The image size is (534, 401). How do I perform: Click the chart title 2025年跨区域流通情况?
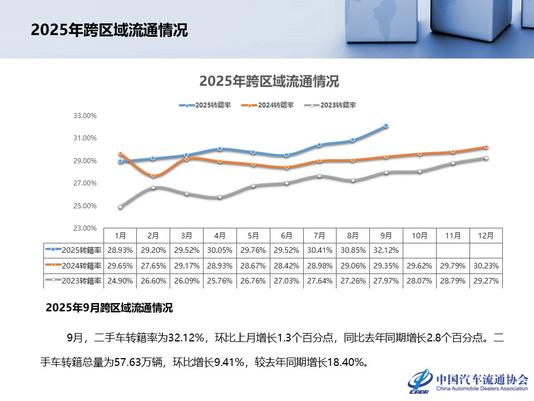click(269, 81)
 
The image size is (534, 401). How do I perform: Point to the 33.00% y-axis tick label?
click(86, 116)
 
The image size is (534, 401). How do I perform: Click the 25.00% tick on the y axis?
click(86, 206)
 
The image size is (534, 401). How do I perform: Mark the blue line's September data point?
click(386, 126)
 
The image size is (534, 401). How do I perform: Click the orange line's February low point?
click(154, 176)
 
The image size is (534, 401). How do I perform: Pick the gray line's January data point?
click(120, 207)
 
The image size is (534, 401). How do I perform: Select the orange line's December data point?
click(486, 147)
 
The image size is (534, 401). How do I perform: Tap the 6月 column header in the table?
click(286, 236)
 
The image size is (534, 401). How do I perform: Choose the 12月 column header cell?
click(486, 236)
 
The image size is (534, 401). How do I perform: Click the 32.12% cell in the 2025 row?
click(386, 251)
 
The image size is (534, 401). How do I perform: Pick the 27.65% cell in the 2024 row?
click(154, 266)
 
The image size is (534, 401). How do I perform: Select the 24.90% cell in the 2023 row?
click(120, 281)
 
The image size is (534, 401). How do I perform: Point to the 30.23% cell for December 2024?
click(486, 266)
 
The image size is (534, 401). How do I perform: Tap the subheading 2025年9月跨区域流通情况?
click(109, 307)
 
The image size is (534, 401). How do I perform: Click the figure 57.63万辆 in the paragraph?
click(139, 363)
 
